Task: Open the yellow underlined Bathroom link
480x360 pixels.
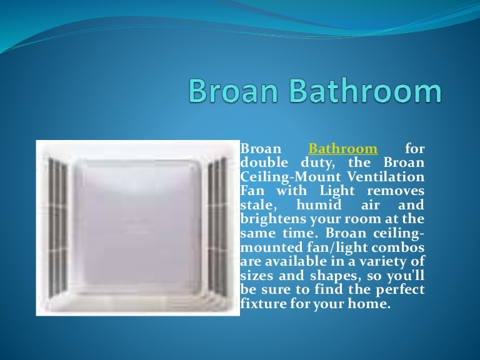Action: point(343,149)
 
